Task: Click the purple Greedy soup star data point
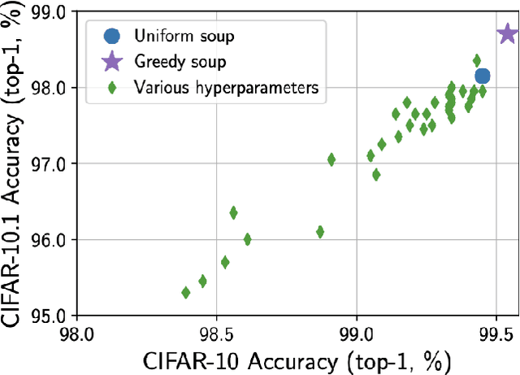point(507,34)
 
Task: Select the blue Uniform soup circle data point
point(482,76)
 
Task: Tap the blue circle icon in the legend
point(111,36)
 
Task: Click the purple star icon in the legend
point(111,62)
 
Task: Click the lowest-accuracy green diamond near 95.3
point(186,292)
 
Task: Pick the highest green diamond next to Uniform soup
point(477,60)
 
